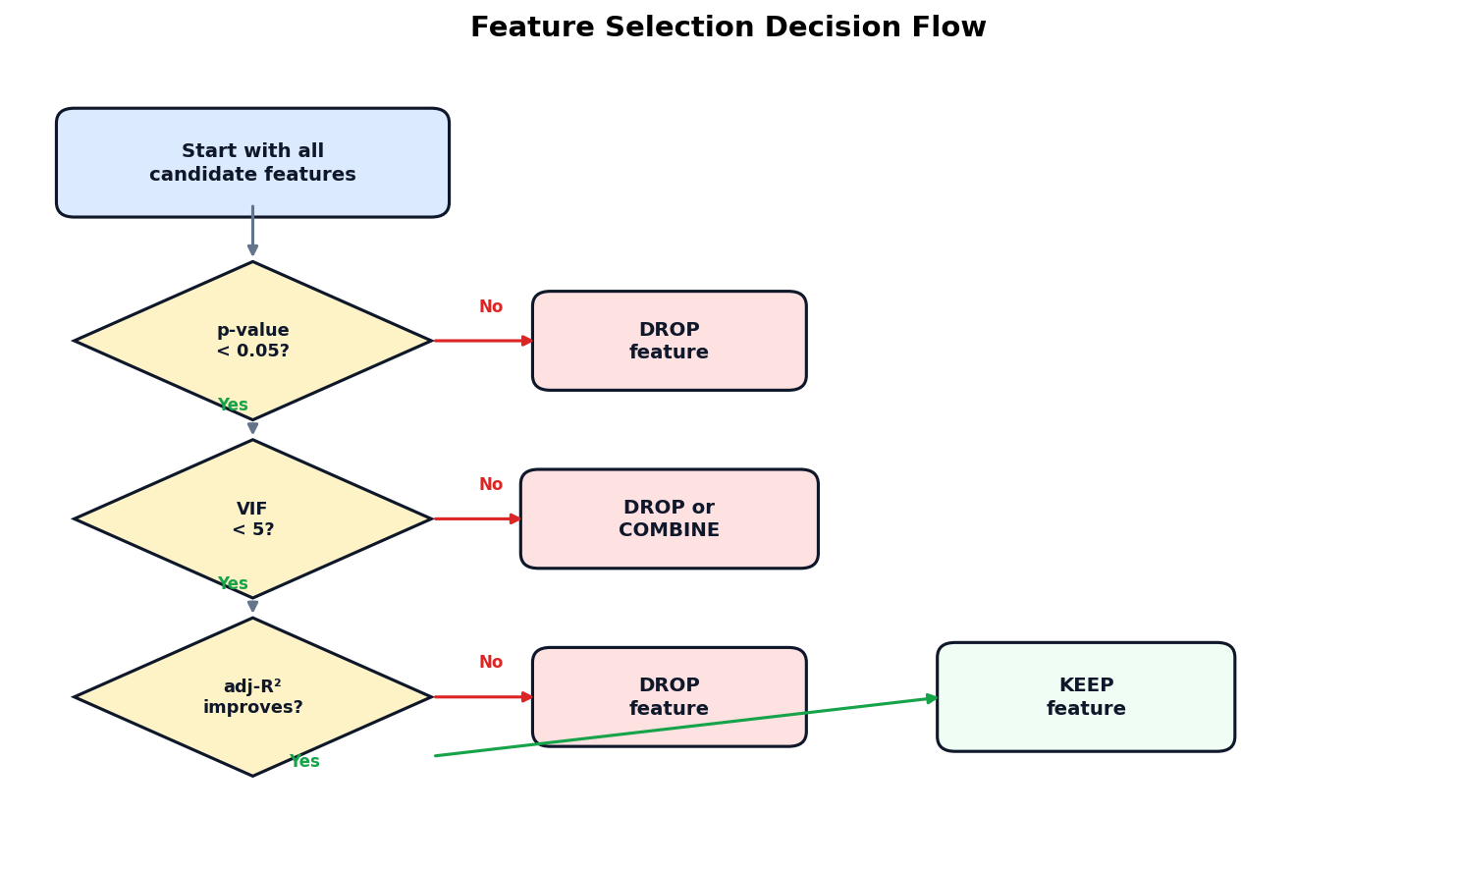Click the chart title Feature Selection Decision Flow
tap(728, 27)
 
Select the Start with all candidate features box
tap(252, 163)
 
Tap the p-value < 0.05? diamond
tap(252, 341)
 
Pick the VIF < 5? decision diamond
tap(252, 518)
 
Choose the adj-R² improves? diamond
tap(252, 696)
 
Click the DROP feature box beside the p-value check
tap(669, 341)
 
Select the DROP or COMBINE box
tap(669, 518)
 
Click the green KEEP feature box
tap(1085, 697)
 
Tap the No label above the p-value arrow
tap(491, 307)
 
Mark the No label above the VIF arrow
tap(491, 485)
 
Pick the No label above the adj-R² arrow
tap(491, 663)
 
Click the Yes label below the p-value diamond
tap(233, 406)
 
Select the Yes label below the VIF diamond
tap(233, 584)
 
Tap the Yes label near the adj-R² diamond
tap(304, 762)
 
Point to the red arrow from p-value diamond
tap(481, 341)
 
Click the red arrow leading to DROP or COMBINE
tap(476, 518)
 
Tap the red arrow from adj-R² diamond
tap(481, 697)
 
